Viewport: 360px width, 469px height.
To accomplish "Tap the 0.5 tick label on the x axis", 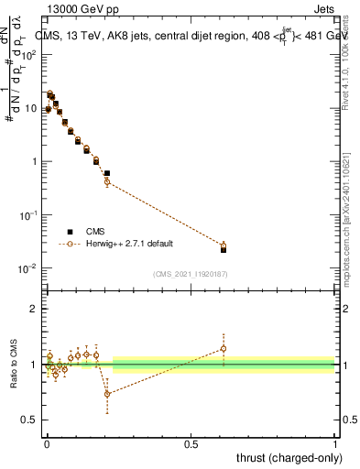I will tap(191, 444).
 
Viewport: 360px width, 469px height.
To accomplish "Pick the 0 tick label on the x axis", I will tap(46, 444).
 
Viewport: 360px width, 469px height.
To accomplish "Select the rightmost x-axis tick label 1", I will tap(335, 444).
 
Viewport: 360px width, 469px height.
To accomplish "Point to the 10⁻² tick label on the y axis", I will tap(28, 268).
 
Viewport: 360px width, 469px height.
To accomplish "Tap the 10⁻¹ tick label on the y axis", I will tap(28, 215).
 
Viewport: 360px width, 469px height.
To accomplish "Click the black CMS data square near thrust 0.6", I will tap(224, 249).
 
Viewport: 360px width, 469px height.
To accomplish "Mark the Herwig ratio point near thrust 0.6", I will tap(224, 348).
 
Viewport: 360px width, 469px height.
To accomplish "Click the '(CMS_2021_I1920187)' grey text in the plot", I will tap(191, 274).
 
